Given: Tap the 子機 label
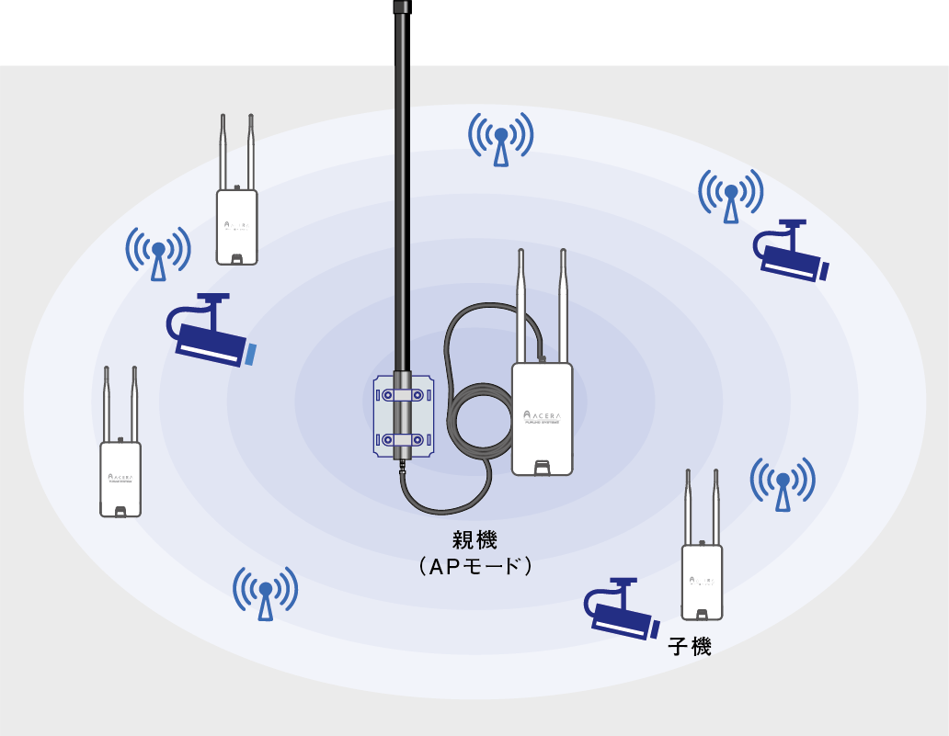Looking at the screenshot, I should tap(690, 647).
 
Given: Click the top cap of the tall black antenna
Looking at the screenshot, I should tap(402, 6).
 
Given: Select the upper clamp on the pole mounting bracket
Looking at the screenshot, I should tap(404, 394).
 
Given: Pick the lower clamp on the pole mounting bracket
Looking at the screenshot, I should tap(404, 439).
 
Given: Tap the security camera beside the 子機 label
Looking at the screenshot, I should tap(621, 610).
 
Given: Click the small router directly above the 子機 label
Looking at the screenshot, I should tap(702, 579).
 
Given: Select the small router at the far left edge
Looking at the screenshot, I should tap(120, 478).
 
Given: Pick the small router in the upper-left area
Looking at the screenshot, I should tap(236, 225).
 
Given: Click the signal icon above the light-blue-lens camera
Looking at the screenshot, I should tap(158, 254).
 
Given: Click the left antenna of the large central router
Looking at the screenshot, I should tap(521, 303).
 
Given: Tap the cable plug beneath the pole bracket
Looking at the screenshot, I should tap(403, 469).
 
